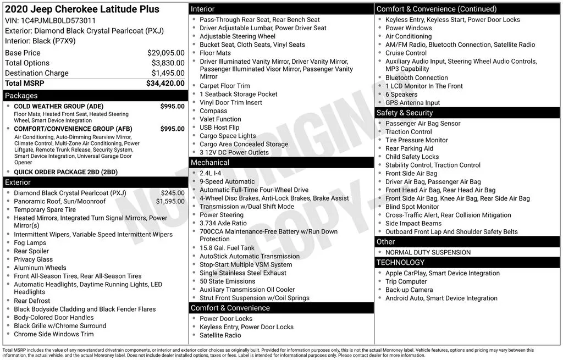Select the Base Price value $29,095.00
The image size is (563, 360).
click(x=166, y=53)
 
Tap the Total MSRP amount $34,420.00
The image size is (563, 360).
click(x=165, y=83)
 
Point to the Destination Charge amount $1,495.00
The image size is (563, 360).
click(x=168, y=73)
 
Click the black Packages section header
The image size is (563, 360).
click(x=95, y=96)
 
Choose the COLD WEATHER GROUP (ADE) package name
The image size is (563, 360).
click(x=58, y=107)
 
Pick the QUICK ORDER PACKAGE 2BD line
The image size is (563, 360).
click(x=65, y=172)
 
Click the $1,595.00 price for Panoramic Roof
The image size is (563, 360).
click(x=170, y=201)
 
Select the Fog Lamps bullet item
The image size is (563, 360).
click(x=30, y=243)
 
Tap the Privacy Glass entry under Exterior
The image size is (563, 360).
click(x=34, y=259)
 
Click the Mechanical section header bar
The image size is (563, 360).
click(x=281, y=163)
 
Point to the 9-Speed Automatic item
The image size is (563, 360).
click(x=227, y=181)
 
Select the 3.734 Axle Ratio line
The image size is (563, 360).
click(x=223, y=224)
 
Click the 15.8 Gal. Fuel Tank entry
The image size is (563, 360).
click(x=227, y=248)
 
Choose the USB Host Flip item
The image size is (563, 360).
click(x=219, y=128)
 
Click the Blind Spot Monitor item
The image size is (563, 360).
click(x=412, y=207)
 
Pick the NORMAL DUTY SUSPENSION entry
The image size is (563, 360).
click(x=428, y=252)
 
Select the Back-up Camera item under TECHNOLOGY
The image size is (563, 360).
click(x=409, y=290)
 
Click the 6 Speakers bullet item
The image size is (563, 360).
click(x=401, y=95)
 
